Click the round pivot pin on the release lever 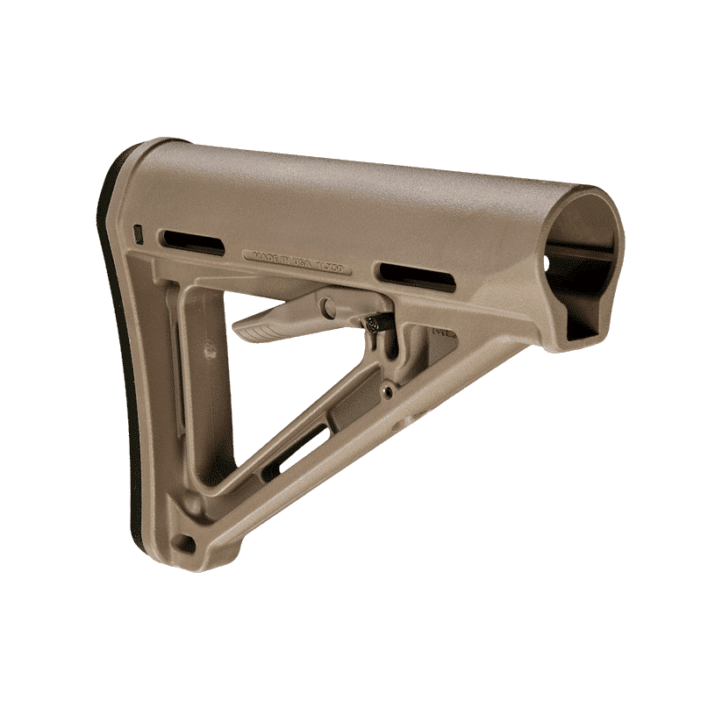click(x=327, y=307)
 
